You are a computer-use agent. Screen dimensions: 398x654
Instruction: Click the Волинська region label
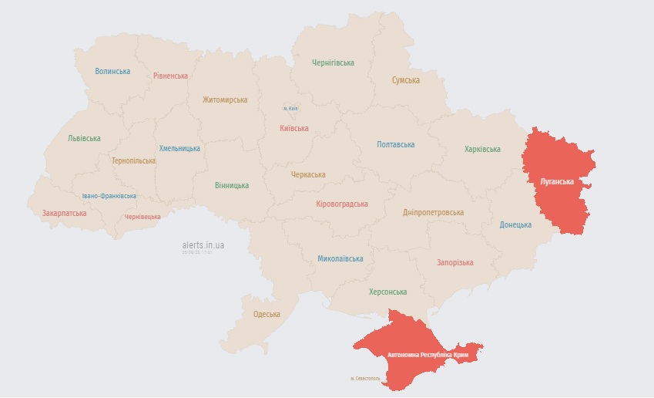pos(112,71)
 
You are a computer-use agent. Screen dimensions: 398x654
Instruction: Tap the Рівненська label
pos(170,76)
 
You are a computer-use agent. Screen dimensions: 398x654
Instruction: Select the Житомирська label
pos(225,99)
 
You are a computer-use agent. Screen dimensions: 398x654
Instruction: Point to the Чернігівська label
pos(333,62)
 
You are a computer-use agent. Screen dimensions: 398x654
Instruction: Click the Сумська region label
pos(405,80)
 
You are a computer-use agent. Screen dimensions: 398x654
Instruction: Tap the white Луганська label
pos(557,181)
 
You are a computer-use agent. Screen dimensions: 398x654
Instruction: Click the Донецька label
pos(515,224)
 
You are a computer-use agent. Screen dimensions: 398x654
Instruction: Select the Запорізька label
pos(454,262)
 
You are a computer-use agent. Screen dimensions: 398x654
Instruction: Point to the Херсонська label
pos(387,292)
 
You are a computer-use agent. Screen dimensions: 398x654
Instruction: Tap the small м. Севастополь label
pos(365,378)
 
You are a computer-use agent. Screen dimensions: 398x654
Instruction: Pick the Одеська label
pos(267,314)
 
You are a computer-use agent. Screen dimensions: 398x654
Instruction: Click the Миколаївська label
pos(340,258)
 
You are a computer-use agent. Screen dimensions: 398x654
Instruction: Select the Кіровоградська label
pos(342,204)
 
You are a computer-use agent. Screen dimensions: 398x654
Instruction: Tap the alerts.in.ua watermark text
pos(203,245)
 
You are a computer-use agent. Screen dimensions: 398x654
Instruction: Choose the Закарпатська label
pos(65,213)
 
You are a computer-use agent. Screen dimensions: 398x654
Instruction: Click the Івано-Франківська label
pos(110,196)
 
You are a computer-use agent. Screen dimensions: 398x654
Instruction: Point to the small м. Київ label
pos(290,108)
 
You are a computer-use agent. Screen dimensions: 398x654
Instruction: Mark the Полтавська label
pos(395,144)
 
